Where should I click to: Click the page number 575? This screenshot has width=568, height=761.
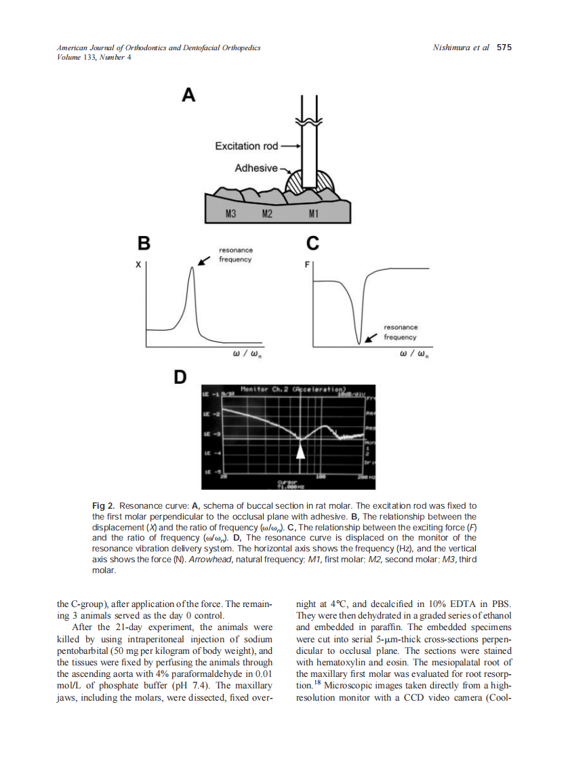[x=504, y=47]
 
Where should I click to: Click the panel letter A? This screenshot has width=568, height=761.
[x=188, y=96]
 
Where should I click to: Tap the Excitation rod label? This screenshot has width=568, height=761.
[x=247, y=146]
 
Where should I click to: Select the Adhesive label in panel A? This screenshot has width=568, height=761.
[x=256, y=168]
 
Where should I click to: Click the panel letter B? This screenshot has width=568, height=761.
[x=144, y=242]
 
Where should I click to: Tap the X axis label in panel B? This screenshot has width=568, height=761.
[x=138, y=265]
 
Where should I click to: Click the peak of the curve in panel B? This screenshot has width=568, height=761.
[x=192, y=268]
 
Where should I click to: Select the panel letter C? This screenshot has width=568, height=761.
[x=312, y=242]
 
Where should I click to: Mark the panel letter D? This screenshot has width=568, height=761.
[x=180, y=376]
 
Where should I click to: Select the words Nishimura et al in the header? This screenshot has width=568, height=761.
[x=460, y=47]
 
